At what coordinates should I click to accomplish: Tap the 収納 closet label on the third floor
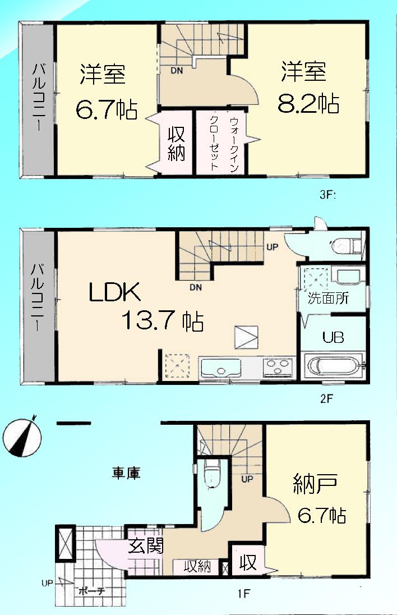176,143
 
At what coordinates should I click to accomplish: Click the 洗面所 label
328,298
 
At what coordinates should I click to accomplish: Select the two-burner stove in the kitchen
278,368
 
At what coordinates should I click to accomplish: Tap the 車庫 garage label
126,473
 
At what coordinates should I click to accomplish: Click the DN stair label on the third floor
176,71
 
